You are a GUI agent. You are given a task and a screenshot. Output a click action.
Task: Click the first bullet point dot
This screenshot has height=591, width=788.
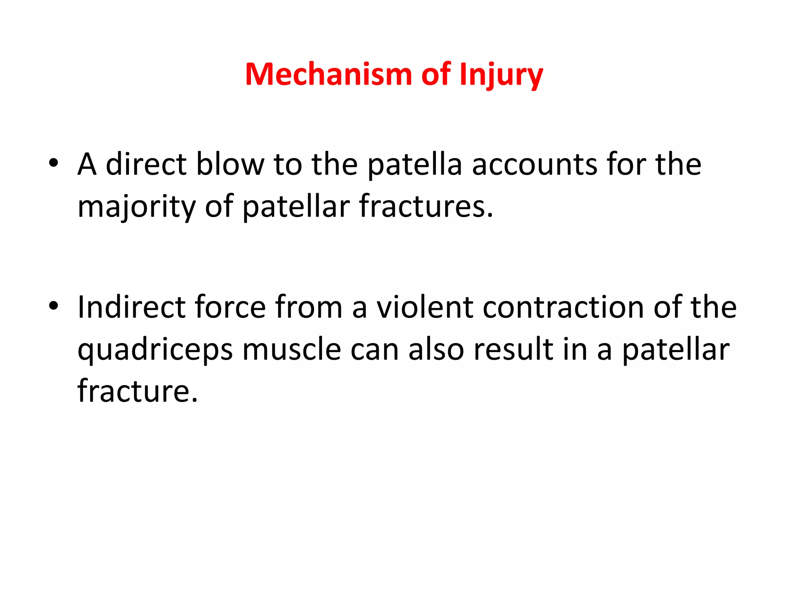point(53,163)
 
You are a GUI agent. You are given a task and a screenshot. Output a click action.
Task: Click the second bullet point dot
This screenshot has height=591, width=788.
point(53,306)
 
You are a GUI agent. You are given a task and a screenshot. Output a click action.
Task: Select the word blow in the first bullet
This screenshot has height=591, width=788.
point(230,164)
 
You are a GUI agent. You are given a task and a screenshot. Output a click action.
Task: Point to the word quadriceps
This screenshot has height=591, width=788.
point(155,350)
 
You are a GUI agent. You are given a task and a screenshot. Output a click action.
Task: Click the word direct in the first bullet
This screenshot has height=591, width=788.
point(146,164)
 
